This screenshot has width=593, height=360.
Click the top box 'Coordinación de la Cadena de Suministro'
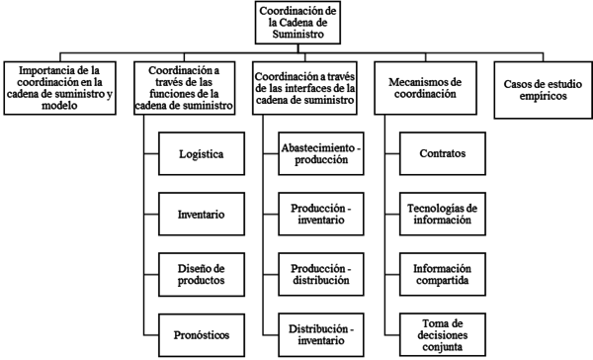pos(297,23)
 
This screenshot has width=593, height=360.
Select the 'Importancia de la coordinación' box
pos(67,88)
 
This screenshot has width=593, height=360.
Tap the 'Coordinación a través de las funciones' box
pos(191,88)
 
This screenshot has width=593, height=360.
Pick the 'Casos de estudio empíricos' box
pos(540,90)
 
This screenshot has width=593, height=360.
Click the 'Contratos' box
pos(443,154)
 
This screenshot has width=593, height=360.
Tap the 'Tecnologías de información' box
pos(443,214)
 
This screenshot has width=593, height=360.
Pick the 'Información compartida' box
pos(443,273)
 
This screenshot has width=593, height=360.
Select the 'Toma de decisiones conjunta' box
pos(443,333)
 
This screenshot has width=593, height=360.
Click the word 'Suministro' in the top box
pos(297,35)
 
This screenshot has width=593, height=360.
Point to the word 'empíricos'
pos(540,97)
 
